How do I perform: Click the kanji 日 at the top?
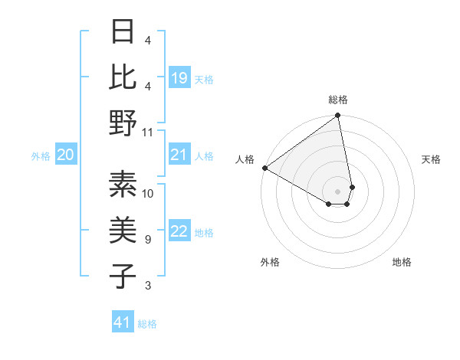pyautogui.click(x=123, y=32)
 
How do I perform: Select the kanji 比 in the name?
pyautogui.click(x=123, y=77)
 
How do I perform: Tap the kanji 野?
pyautogui.click(x=123, y=123)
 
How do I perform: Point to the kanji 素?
pyautogui.click(x=123, y=184)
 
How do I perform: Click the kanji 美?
pyautogui.click(x=123, y=231)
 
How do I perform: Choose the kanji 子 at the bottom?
pyautogui.click(x=123, y=277)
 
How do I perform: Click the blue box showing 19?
pyautogui.click(x=179, y=77)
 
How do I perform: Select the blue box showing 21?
pyautogui.click(x=179, y=155)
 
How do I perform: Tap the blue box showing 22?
pyautogui.click(x=179, y=232)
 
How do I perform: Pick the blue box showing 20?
pyautogui.click(x=66, y=155)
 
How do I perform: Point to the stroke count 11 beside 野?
pyautogui.click(x=149, y=132)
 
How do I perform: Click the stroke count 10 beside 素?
pyautogui.click(x=149, y=194)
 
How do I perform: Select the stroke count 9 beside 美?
pyautogui.click(x=147, y=240)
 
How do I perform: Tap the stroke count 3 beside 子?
pyautogui.click(x=147, y=286)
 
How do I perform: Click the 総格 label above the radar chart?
pyautogui.click(x=338, y=100)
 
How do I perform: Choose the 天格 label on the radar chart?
pyautogui.click(x=431, y=159)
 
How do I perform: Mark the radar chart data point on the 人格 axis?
pyautogui.click(x=264, y=168)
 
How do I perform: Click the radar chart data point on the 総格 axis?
pyautogui.click(x=338, y=116)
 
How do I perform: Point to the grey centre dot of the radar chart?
pyautogui.click(x=338, y=191)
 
